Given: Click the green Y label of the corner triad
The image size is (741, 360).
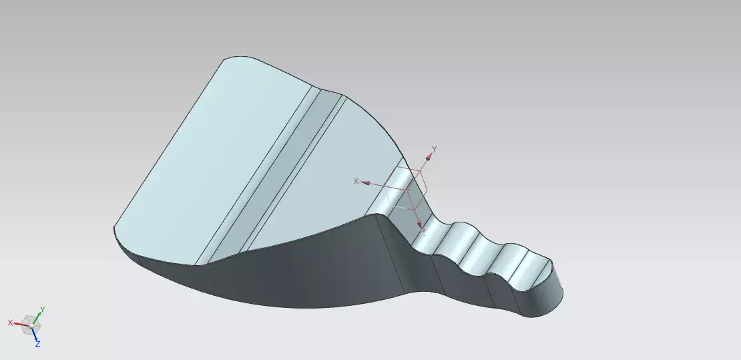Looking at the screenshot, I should [x=43, y=309].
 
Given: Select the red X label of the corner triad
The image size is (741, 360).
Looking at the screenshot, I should [x=11, y=323].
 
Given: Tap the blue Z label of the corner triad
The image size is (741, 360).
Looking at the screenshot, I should [x=37, y=343].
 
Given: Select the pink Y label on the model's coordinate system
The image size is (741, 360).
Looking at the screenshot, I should [x=434, y=148].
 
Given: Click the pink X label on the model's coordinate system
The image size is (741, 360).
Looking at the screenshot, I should [x=356, y=181].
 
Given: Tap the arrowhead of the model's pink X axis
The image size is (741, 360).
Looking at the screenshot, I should [x=366, y=183].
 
